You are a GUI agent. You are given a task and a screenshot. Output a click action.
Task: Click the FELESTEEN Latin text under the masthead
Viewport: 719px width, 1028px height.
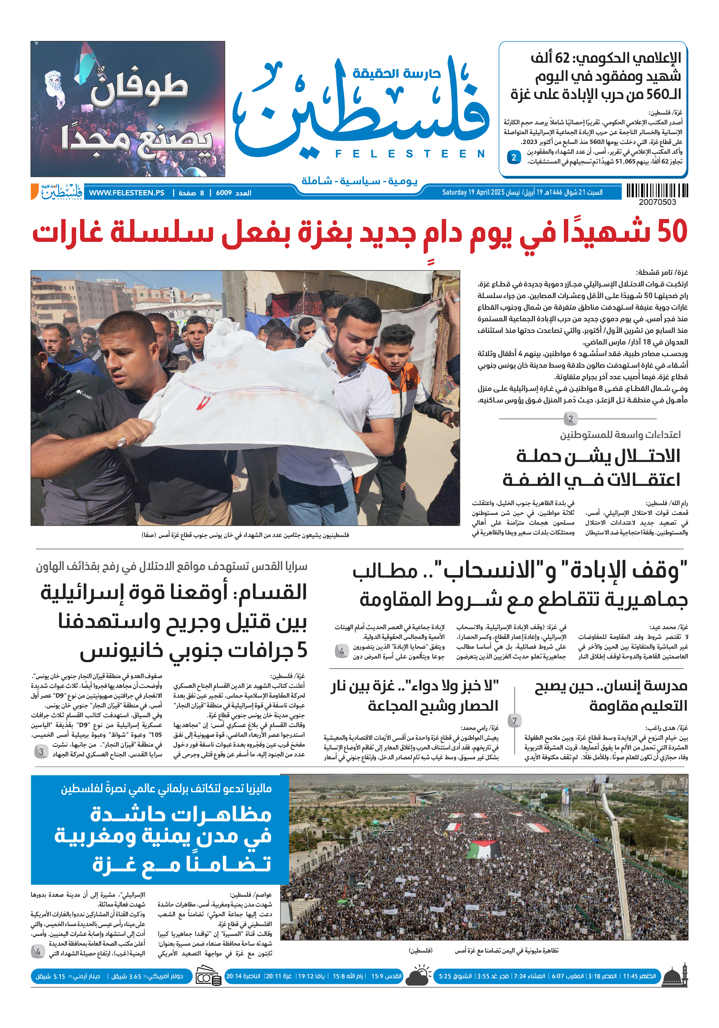(x=410, y=154)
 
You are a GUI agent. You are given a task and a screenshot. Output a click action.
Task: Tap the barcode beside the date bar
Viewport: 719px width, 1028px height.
(x=657, y=191)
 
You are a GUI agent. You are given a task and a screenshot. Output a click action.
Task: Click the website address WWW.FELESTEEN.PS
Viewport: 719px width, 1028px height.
(x=126, y=193)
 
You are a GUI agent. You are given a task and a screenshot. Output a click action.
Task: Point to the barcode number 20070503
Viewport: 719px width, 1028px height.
(x=657, y=202)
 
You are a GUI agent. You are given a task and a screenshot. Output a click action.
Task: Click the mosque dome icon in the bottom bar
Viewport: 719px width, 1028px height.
(x=675, y=977)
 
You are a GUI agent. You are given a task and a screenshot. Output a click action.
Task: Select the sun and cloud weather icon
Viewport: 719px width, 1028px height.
(x=418, y=977)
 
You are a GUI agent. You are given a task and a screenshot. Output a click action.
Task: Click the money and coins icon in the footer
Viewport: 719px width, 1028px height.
(x=208, y=977)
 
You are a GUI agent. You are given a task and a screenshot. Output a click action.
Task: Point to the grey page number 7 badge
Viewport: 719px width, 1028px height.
(x=514, y=721)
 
